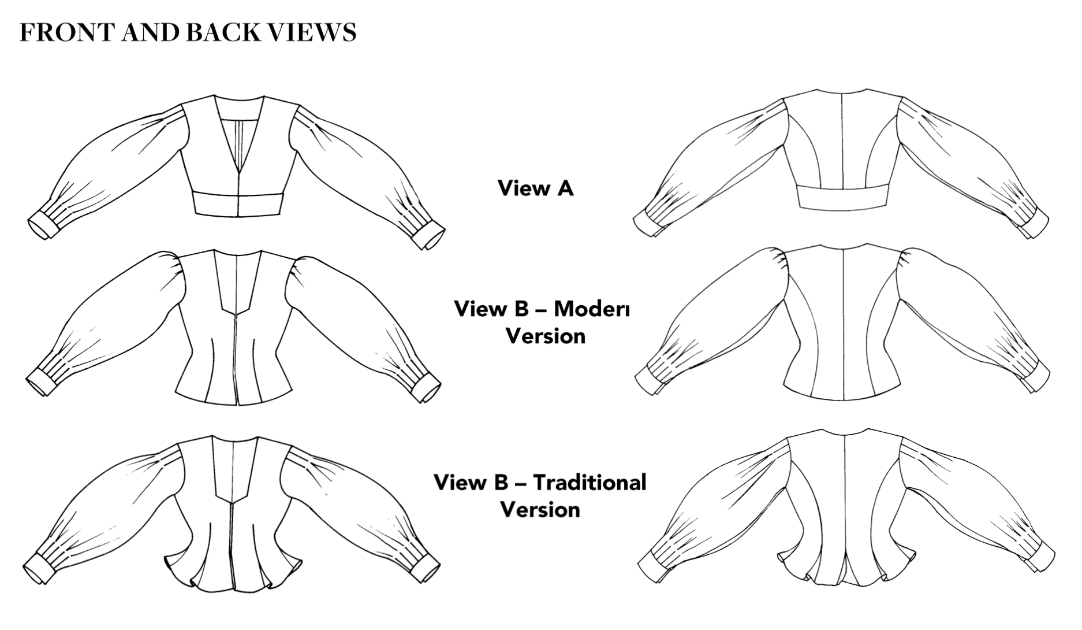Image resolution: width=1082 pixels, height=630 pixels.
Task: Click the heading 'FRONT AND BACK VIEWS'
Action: coord(188,33)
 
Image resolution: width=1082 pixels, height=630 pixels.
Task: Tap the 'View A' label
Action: coord(535,188)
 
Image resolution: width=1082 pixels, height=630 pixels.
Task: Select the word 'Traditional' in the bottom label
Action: coord(589,482)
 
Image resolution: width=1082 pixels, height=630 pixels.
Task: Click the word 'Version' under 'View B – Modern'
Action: coord(545,336)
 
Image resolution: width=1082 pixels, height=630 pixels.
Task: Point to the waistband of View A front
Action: coord(237,204)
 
